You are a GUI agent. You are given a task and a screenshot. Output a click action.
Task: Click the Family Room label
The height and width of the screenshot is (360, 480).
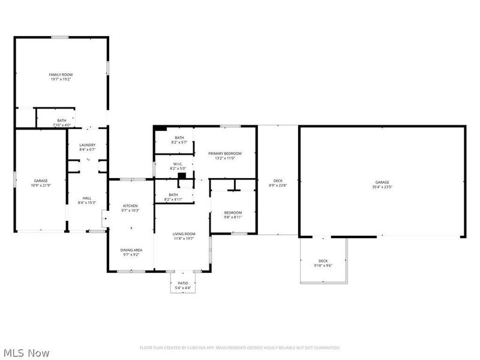click(61, 74)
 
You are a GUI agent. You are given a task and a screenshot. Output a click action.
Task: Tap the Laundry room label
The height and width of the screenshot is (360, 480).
click(87, 145)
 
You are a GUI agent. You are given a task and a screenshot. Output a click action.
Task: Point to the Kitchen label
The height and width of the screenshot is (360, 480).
click(130, 206)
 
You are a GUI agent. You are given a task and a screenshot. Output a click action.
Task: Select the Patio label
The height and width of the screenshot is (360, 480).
click(182, 284)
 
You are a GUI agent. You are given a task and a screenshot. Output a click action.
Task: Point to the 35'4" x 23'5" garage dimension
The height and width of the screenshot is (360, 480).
click(382, 187)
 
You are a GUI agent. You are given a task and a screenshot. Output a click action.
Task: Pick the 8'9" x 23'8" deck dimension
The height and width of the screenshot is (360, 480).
click(278, 185)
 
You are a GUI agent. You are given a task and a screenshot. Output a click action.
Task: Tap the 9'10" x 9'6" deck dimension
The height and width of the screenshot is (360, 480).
click(323, 265)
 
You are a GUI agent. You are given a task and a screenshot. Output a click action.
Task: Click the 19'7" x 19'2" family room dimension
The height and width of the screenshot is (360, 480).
click(61, 79)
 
